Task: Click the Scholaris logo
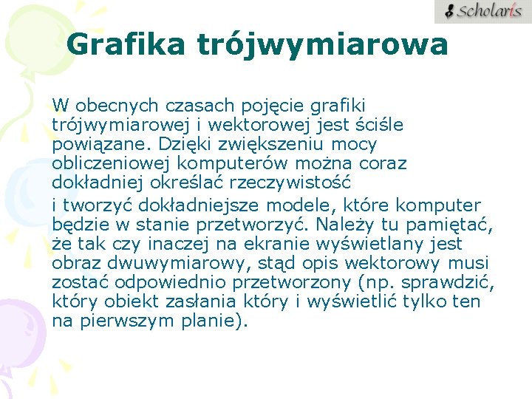[482, 12]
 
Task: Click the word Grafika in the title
[126, 45]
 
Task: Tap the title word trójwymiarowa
[322, 45]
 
